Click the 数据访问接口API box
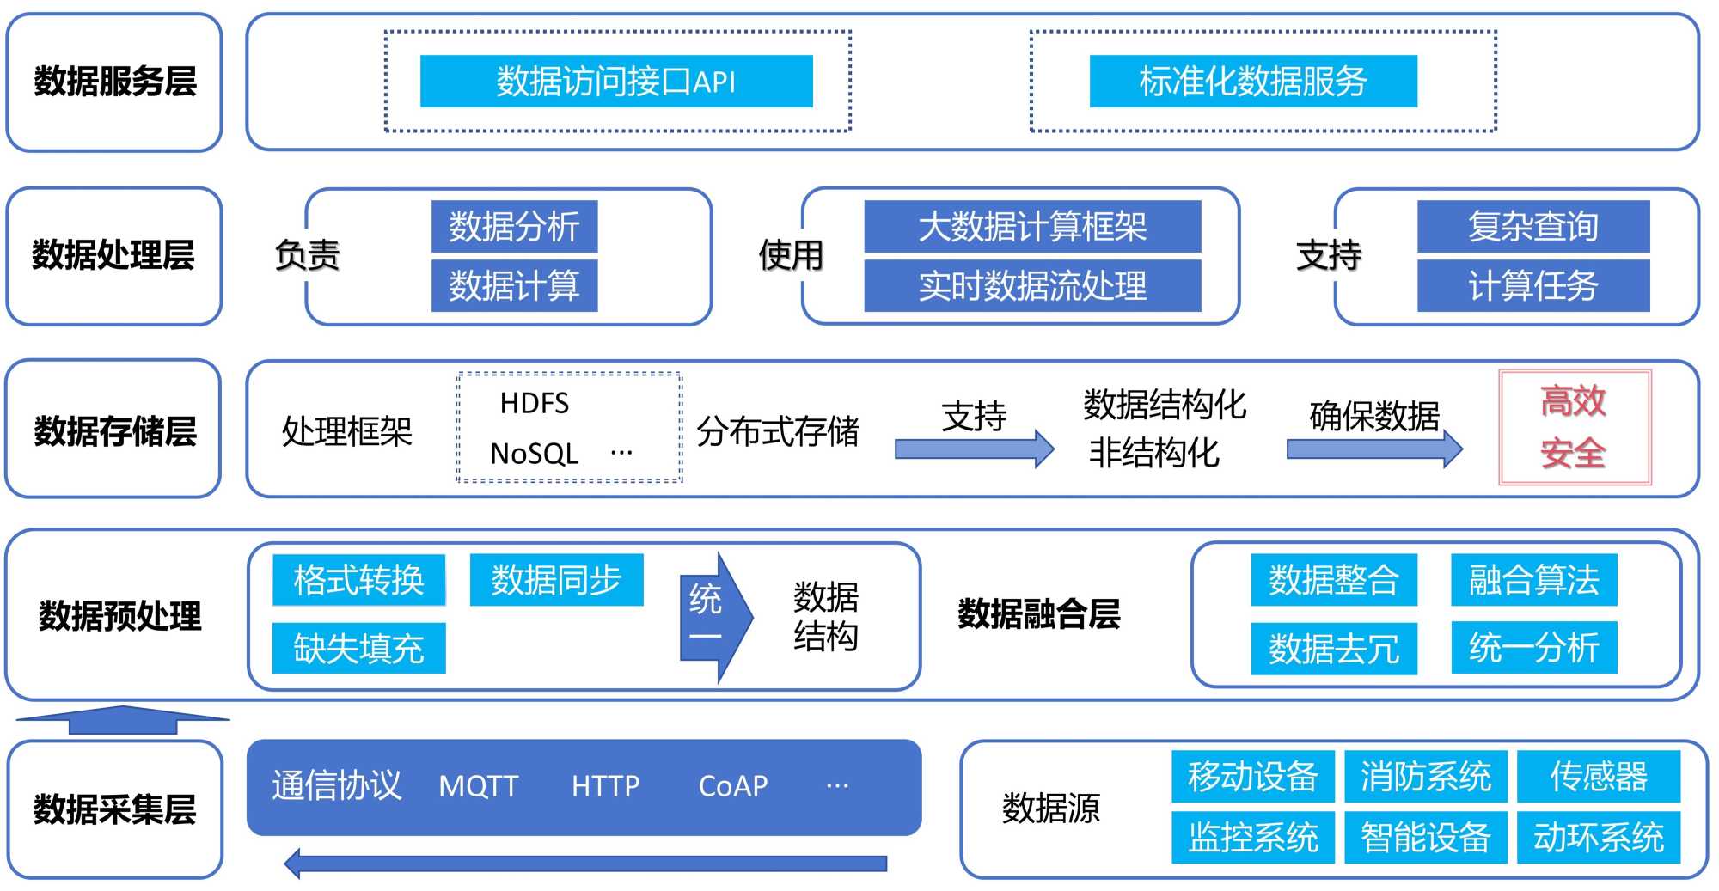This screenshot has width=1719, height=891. pyautogui.click(x=615, y=82)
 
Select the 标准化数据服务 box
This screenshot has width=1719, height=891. pyautogui.click(x=1252, y=82)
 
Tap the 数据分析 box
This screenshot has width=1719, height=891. pyautogui.click(x=514, y=227)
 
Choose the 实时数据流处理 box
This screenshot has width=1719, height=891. pyautogui.click(x=1031, y=286)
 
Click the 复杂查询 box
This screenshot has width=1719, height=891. pyautogui.click(x=1532, y=227)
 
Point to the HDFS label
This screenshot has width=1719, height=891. pyautogui.click(x=534, y=403)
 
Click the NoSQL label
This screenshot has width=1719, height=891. pyautogui.click(x=533, y=453)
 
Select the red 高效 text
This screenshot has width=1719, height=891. pyautogui.click(x=1573, y=401)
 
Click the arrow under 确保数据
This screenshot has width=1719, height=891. pyautogui.click(x=1373, y=449)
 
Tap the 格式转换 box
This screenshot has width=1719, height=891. pyautogui.click(x=358, y=580)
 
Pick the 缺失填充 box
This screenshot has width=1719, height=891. pyautogui.click(x=358, y=648)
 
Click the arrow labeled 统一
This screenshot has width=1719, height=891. pyautogui.click(x=713, y=618)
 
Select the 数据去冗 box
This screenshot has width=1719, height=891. pyautogui.click(x=1333, y=649)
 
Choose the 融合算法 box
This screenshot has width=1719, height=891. pyautogui.click(x=1533, y=580)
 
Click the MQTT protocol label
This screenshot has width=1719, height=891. pyautogui.click(x=478, y=786)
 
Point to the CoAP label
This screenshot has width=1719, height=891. pyautogui.click(x=732, y=786)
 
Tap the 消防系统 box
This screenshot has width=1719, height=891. pyautogui.click(x=1425, y=777)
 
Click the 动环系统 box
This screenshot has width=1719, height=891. pyautogui.click(x=1598, y=838)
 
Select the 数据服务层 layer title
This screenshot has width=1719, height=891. pyautogui.click(x=114, y=82)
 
